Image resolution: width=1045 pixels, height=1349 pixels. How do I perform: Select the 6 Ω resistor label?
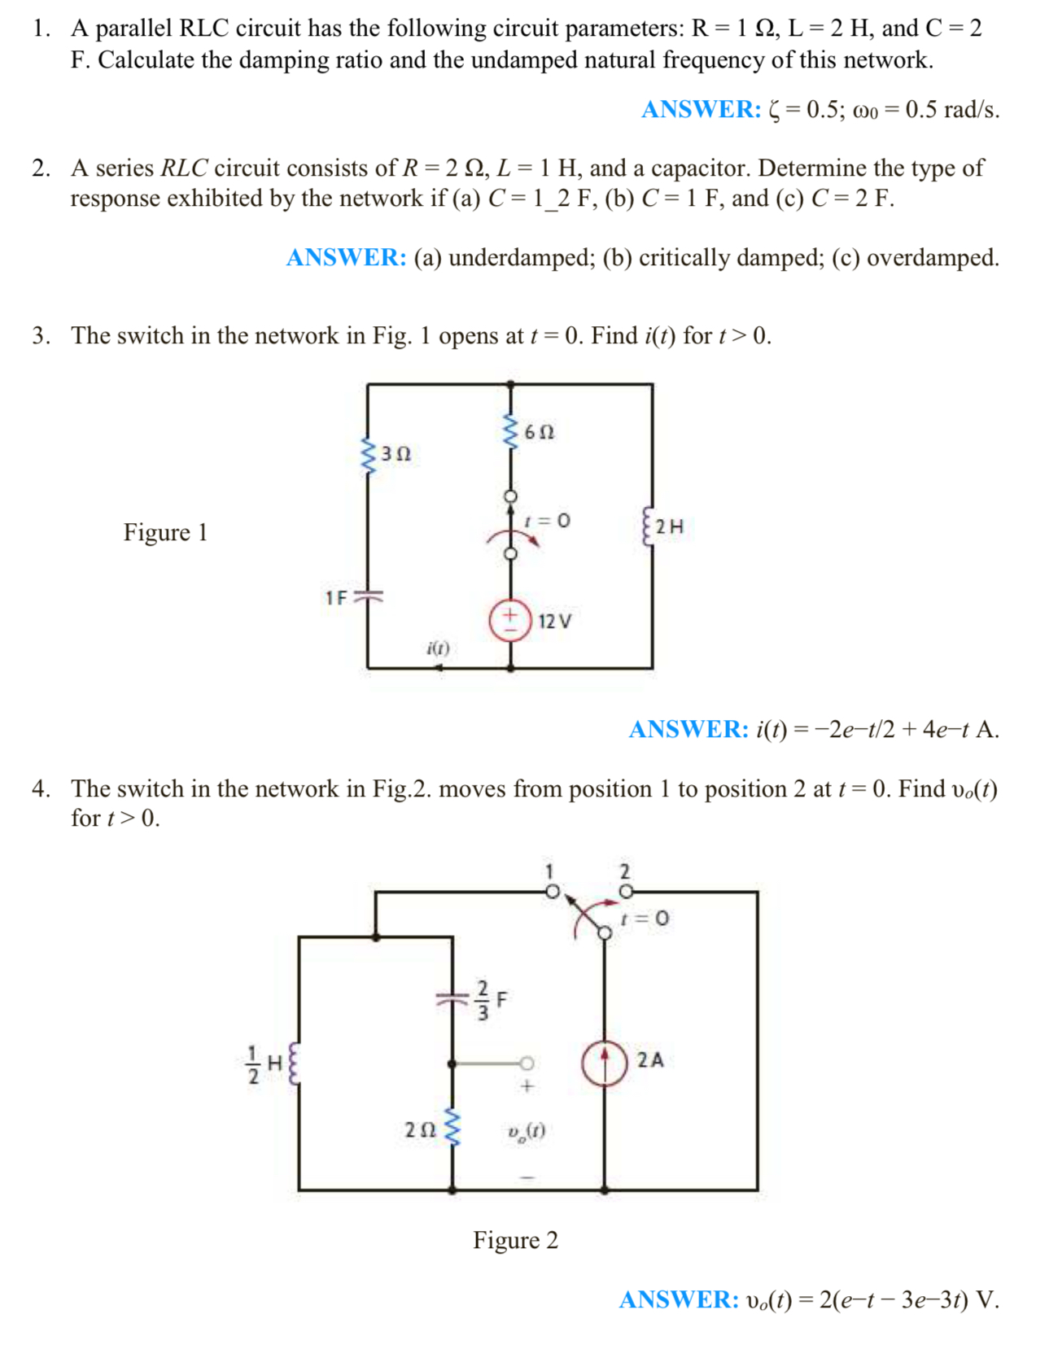(539, 432)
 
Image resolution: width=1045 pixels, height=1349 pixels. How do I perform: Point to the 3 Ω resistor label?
(396, 454)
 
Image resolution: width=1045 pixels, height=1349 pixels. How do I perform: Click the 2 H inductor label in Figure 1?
(669, 526)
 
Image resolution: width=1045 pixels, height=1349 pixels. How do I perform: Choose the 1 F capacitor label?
(336, 598)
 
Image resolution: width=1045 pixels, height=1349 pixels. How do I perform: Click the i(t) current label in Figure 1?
(438, 648)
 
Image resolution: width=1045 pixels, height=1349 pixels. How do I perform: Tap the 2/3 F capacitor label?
(491, 1000)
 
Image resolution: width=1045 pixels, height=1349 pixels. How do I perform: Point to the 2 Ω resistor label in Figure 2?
(420, 1130)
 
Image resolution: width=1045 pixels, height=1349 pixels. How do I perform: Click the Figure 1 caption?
(165, 532)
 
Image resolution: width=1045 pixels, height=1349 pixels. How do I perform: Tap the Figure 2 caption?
(515, 1240)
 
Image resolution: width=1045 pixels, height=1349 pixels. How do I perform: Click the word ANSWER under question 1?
(701, 109)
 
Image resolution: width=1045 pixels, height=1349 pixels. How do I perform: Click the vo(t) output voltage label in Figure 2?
(526, 1131)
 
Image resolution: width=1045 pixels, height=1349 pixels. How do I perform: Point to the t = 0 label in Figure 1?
(547, 520)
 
